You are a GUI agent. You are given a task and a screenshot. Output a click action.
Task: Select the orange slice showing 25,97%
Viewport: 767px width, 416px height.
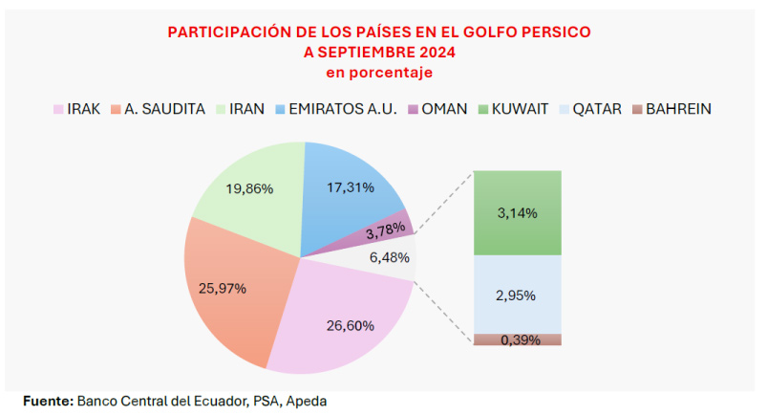click(234, 287)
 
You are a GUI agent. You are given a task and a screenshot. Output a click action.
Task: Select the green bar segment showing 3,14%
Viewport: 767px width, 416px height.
click(517, 213)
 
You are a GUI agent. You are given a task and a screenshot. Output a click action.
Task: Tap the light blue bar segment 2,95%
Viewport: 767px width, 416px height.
click(517, 295)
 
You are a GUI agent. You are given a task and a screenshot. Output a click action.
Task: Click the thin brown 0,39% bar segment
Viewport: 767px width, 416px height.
click(517, 339)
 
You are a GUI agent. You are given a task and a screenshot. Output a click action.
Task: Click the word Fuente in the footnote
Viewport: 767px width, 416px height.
click(47, 401)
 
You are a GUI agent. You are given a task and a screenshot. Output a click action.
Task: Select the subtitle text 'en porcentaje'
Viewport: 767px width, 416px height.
click(379, 72)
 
